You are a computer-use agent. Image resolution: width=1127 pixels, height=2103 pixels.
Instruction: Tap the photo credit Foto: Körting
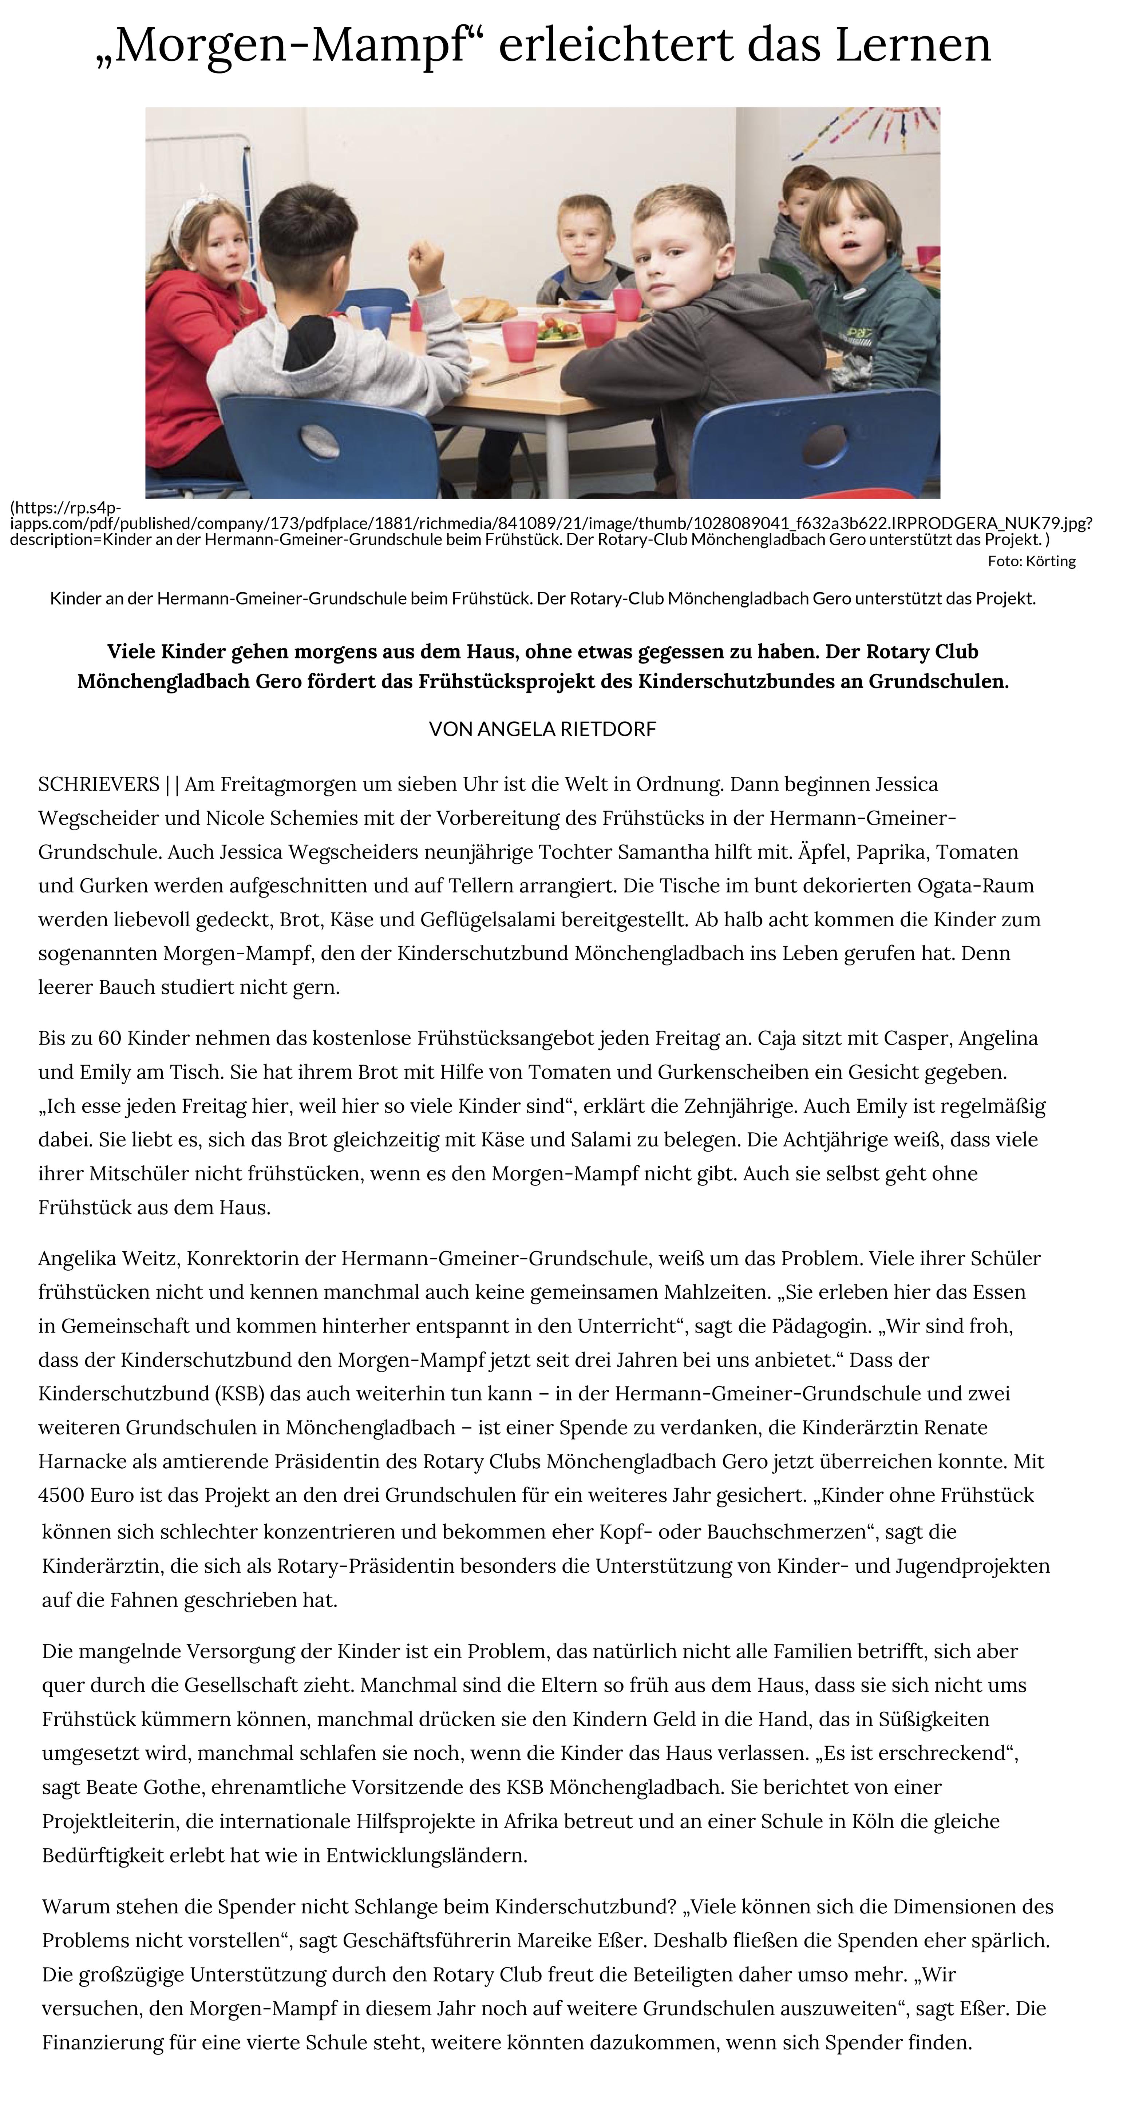(x=1031, y=561)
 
